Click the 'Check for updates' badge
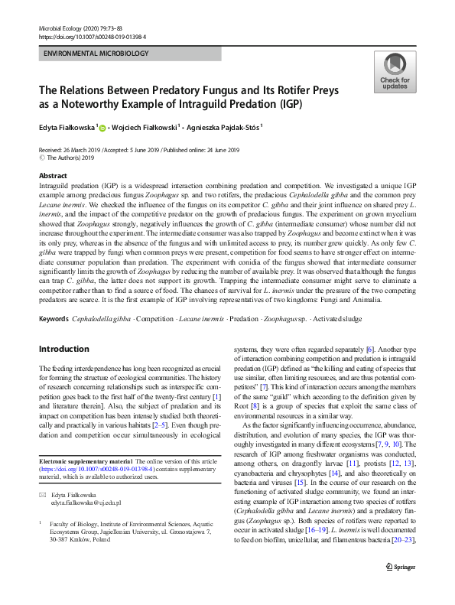tap(394, 73)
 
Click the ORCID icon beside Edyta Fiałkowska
tap(102, 128)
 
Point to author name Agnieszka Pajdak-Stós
tap(226, 128)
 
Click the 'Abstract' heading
tap(52, 175)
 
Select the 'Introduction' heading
tap(65, 349)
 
